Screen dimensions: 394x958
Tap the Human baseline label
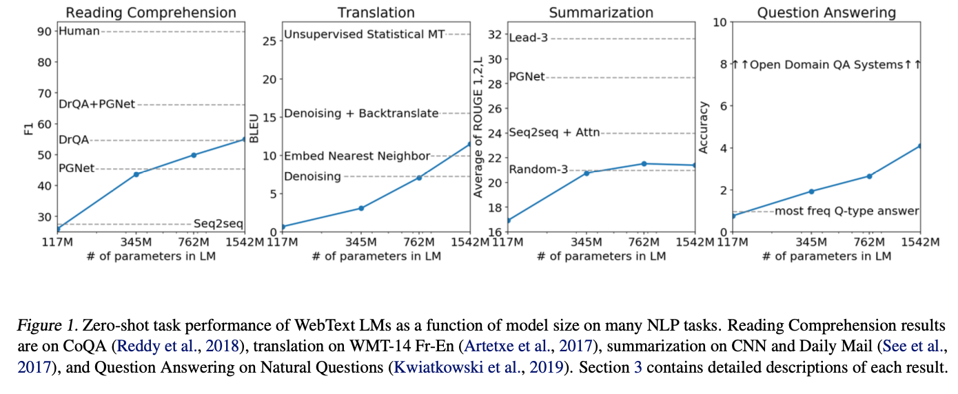pyautogui.click(x=79, y=31)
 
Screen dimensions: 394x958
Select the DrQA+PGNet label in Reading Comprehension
pyautogui.click(x=97, y=104)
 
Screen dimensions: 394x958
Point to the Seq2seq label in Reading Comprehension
pyautogui.click(x=218, y=224)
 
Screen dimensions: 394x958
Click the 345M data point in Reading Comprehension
pyautogui.click(x=136, y=174)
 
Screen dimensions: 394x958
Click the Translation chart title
pyautogui.click(x=376, y=12)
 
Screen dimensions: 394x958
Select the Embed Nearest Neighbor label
pyautogui.click(x=357, y=156)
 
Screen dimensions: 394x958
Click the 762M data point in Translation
pyautogui.click(x=418, y=178)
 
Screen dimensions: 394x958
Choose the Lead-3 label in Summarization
pyautogui.click(x=528, y=38)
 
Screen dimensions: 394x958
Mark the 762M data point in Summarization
pyautogui.click(x=644, y=163)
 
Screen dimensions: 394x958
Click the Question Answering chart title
pyautogui.click(x=826, y=12)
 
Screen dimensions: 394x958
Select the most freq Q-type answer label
pyautogui.click(x=847, y=211)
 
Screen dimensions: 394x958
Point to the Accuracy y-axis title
pyautogui.click(x=704, y=127)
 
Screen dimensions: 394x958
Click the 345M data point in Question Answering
pyautogui.click(x=811, y=191)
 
